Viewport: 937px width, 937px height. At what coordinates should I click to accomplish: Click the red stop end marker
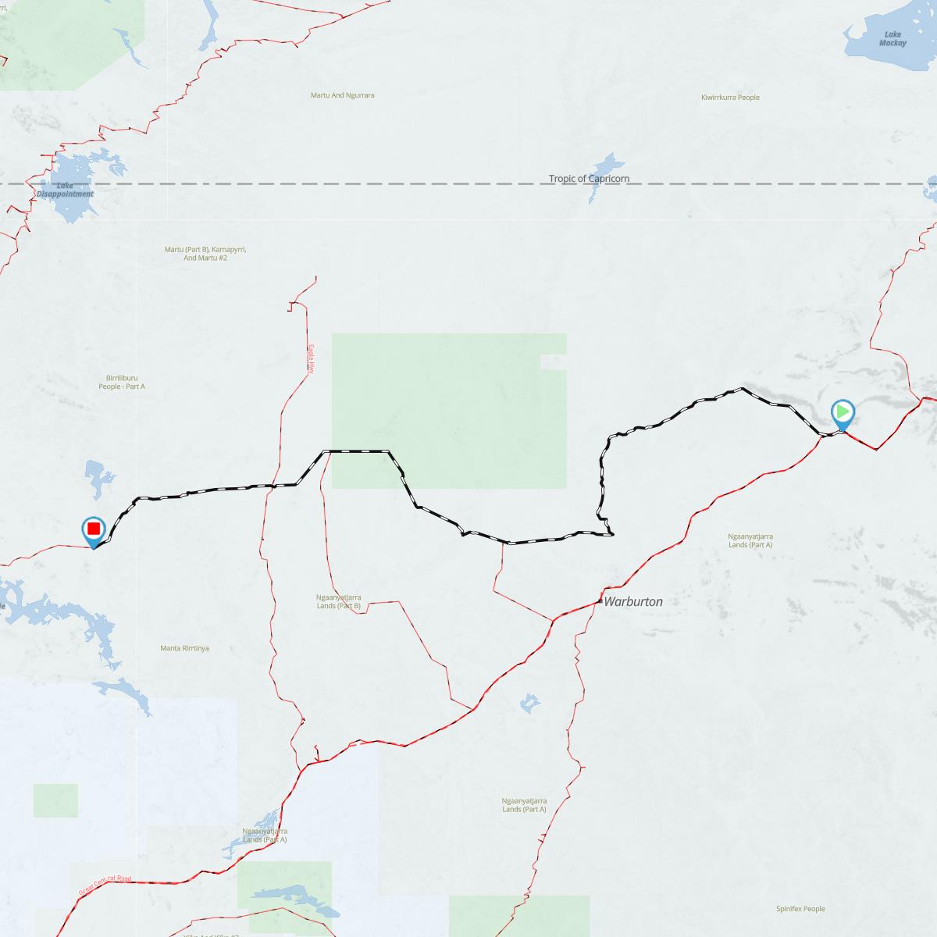tap(94, 529)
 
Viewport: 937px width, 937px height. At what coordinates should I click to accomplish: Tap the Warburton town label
tap(633, 602)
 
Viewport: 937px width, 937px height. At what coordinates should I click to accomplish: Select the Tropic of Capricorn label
tap(589, 179)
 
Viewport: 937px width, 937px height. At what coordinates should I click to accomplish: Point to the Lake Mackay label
tap(892, 39)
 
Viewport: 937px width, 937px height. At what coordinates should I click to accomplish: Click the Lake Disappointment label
tap(65, 190)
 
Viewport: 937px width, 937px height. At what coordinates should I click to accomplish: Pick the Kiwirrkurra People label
tap(730, 98)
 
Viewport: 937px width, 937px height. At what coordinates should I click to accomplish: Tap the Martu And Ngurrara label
tap(343, 95)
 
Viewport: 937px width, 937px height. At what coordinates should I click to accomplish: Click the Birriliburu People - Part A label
tap(122, 382)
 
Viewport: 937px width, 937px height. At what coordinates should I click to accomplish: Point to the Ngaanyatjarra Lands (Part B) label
tap(339, 601)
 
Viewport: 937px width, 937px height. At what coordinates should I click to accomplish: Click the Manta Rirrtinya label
tap(184, 648)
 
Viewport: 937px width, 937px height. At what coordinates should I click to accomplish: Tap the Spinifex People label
tap(800, 909)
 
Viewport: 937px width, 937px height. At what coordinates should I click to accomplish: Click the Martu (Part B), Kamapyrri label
tap(205, 253)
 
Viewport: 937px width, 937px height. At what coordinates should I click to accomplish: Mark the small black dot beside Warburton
tap(600, 601)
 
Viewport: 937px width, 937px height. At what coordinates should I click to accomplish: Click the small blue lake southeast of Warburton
tap(529, 703)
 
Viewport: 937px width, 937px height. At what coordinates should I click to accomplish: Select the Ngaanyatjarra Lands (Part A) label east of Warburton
tap(750, 540)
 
